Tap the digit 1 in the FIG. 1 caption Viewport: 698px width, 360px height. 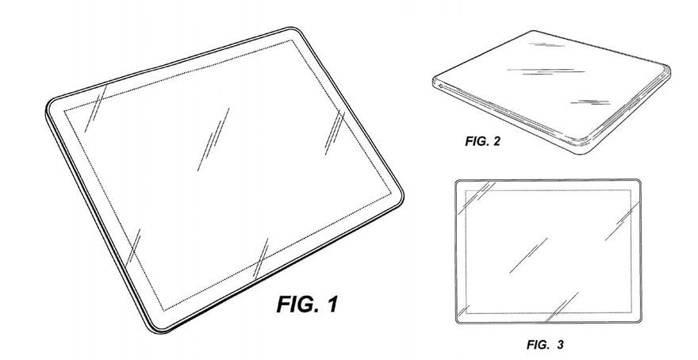(332, 304)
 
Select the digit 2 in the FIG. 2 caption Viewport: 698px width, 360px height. (497, 141)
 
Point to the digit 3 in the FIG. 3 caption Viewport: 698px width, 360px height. (559, 344)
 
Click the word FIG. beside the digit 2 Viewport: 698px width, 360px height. (477, 141)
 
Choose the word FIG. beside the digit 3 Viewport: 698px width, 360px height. (538, 344)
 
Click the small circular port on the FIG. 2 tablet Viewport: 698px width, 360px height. (440, 86)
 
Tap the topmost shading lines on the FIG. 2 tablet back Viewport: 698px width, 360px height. (547, 44)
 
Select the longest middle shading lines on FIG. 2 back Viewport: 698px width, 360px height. (547, 71)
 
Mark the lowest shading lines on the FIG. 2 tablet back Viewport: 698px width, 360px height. (590, 103)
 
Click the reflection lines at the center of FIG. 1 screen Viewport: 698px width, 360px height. (213, 139)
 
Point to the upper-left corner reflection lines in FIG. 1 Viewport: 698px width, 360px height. (96, 109)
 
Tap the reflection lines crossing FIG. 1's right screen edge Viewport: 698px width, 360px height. (335, 132)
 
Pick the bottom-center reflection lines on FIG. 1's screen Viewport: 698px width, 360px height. (261, 258)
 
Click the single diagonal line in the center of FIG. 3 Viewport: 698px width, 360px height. (528, 255)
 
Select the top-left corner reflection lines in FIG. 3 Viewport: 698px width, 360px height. (477, 196)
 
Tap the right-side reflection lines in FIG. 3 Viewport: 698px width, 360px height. (621, 221)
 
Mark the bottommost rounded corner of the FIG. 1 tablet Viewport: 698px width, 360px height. (159, 330)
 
